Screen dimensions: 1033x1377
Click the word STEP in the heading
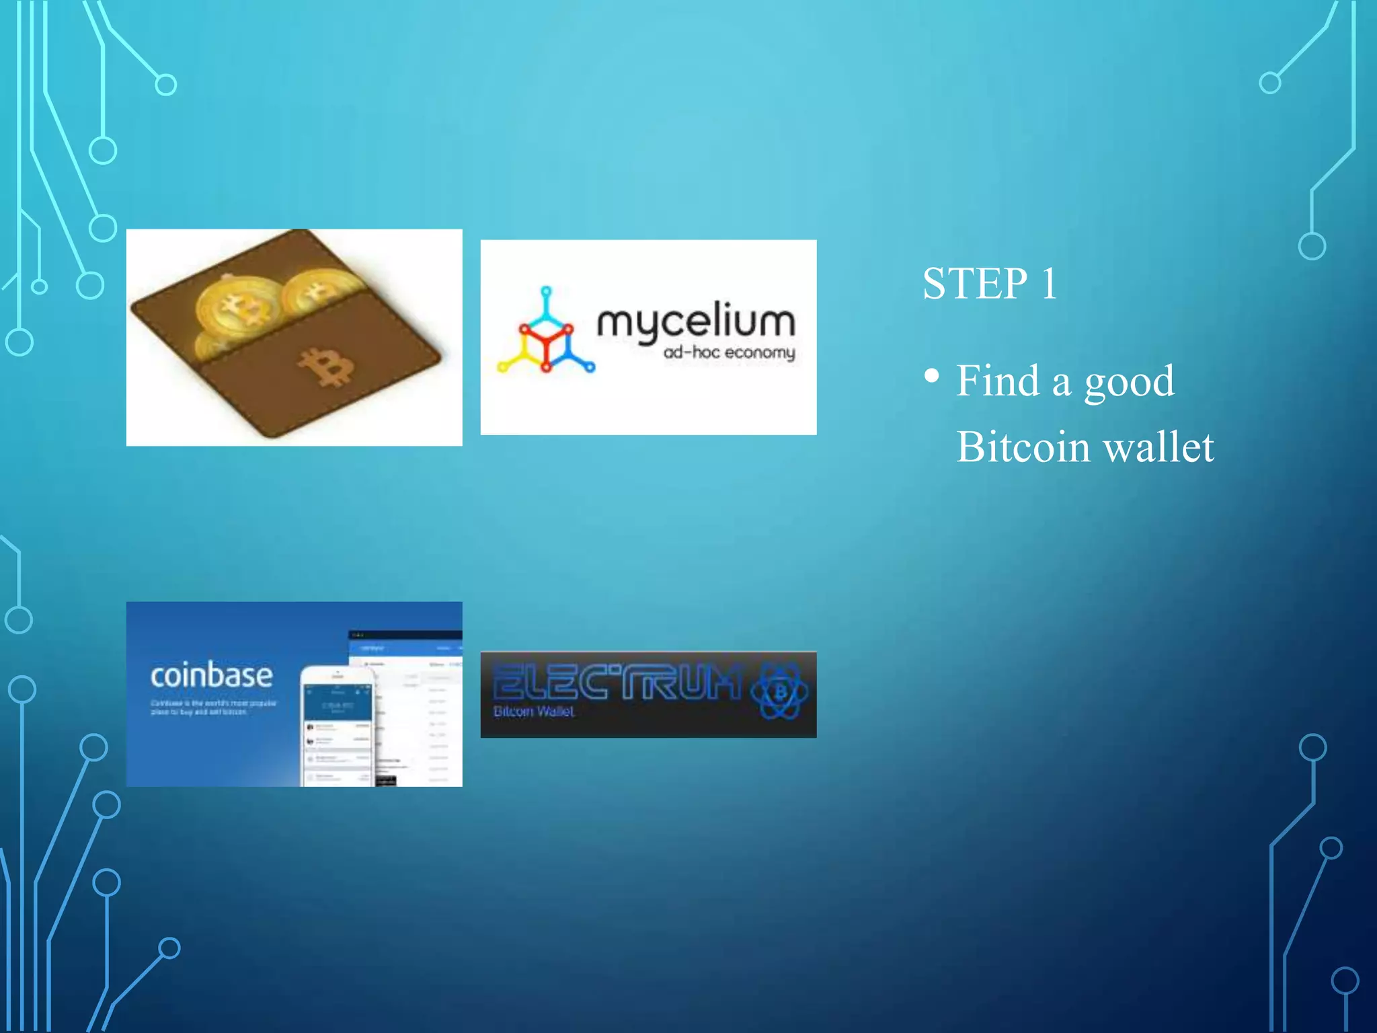click(x=975, y=283)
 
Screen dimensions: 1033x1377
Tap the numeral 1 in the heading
click(x=1049, y=283)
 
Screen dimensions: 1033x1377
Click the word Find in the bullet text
click(x=998, y=381)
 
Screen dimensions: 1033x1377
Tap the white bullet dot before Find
click(x=931, y=375)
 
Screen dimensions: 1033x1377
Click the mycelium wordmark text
click(x=696, y=322)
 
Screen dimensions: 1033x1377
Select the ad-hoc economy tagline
click(x=729, y=353)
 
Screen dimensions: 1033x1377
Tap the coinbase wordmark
click(x=211, y=675)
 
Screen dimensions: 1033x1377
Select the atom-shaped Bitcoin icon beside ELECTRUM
click(x=780, y=691)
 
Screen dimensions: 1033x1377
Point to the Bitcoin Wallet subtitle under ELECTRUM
click(x=534, y=712)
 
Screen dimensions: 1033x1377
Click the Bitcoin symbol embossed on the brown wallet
click(x=326, y=367)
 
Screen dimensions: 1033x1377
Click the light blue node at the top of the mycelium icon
click(x=546, y=292)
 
